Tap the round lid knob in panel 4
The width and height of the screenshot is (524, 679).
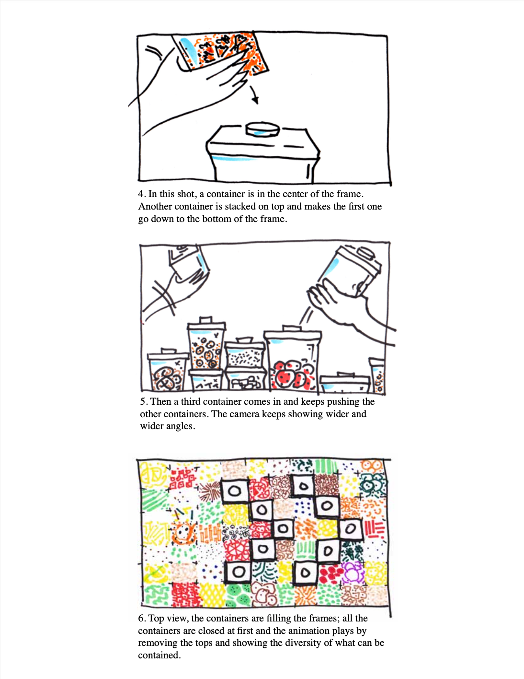262,129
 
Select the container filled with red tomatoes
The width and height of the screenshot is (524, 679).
293,359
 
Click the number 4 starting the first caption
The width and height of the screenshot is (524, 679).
141,194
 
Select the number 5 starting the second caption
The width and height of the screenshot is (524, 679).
143,401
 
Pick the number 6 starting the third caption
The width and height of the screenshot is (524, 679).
141,619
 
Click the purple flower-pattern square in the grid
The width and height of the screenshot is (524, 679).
353,572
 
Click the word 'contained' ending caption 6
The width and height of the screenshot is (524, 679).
159,655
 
